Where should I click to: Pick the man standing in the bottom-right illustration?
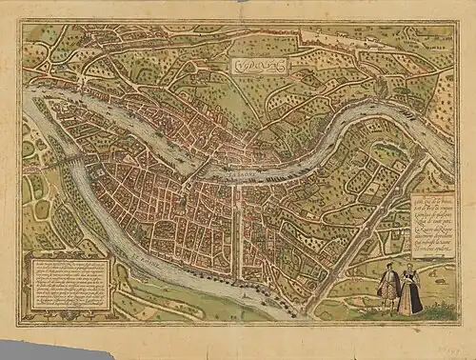[x=387, y=290]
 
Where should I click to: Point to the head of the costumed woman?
[x=410, y=270]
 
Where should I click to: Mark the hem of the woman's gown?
[x=410, y=311]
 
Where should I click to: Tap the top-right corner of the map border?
[x=455, y=26]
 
